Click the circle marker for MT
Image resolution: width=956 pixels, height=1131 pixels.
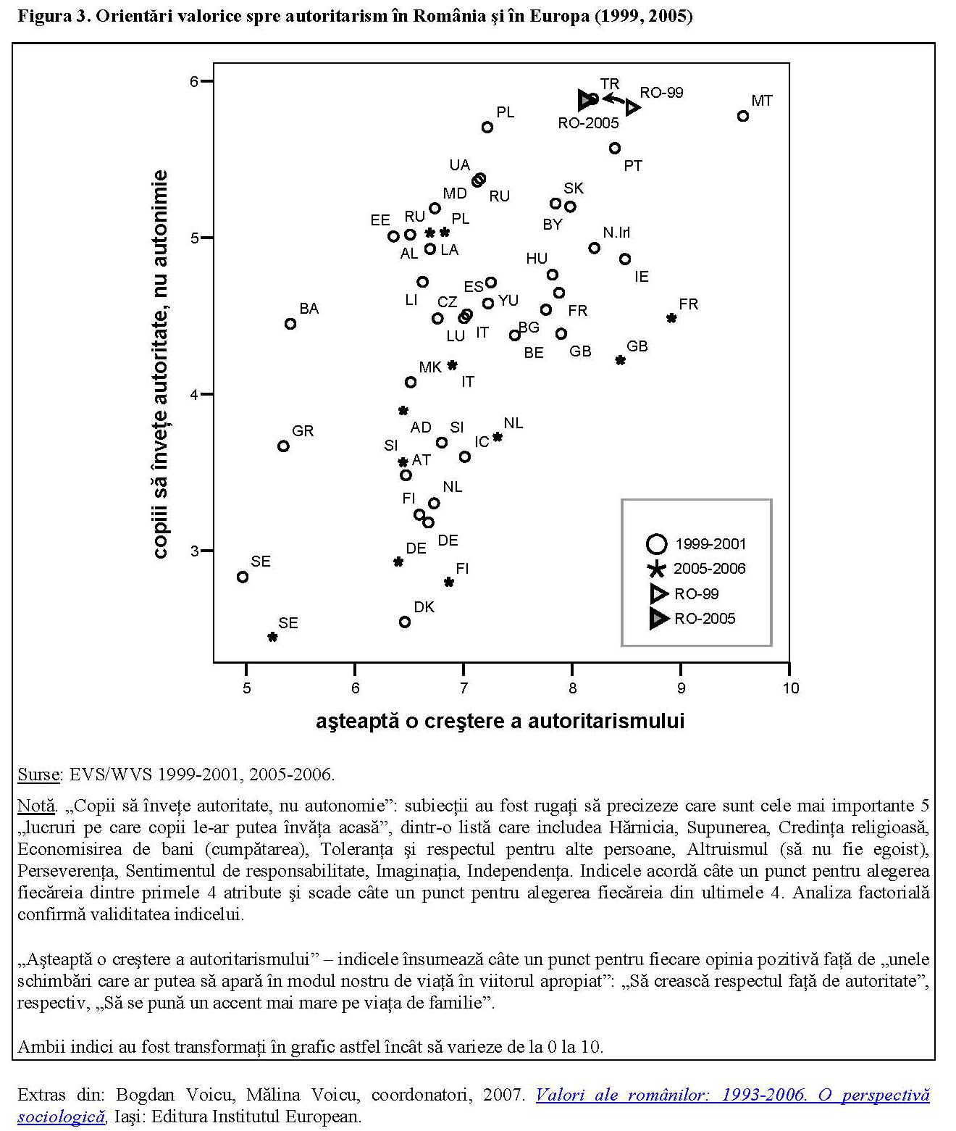[x=742, y=116]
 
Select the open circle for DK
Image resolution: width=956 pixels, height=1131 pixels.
[x=405, y=622]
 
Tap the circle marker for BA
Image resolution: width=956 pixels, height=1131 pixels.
[x=290, y=324]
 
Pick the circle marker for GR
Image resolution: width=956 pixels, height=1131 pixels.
[x=283, y=446]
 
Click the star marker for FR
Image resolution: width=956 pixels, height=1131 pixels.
[x=671, y=318]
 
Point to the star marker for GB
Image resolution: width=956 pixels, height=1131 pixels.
[x=620, y=360]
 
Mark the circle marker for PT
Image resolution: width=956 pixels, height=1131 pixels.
[x=615, y=148]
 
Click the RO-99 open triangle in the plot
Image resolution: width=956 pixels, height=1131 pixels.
[x=633, y=107]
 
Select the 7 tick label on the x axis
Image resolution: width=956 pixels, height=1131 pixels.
[x=464, y=688]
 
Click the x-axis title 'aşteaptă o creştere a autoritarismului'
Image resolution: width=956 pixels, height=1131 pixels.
[x=500, y=722]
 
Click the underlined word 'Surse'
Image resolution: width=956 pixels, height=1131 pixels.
[x=38, y=775]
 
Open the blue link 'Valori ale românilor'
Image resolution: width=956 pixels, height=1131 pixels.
[x=731, y=1095]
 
